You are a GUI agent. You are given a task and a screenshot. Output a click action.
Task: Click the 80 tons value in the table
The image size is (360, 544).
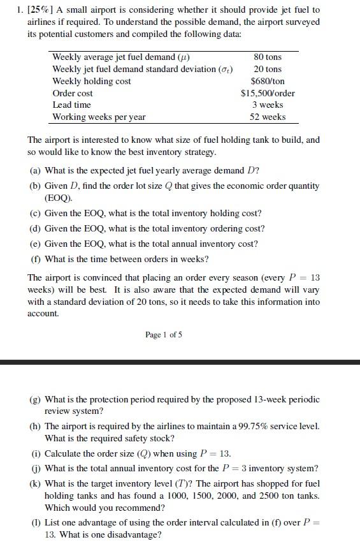[268, 57]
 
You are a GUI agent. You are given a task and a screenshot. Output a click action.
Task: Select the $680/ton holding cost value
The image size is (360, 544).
[268, 81]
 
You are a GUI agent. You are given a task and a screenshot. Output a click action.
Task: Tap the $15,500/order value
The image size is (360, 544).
[268, 93]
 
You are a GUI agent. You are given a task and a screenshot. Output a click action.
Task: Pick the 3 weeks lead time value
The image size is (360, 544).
[268, 105]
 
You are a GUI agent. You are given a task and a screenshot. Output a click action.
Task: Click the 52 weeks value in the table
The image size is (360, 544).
[268, 117]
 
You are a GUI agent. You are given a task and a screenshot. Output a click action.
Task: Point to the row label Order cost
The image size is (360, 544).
[73, 93]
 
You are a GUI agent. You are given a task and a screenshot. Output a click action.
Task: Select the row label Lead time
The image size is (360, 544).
[71, 105]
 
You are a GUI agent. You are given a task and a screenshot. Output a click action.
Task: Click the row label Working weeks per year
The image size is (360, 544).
[99, 117]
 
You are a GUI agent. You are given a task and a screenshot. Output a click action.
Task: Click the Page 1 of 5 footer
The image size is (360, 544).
[164, 335]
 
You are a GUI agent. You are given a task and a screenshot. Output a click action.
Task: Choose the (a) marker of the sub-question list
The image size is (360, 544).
[36, 170]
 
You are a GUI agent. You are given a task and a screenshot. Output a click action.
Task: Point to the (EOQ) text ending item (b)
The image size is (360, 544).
[59, 198]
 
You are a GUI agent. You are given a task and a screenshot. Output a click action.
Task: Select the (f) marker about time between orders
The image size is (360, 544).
[36, 259]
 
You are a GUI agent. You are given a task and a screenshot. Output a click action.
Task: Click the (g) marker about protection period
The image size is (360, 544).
[36, 399]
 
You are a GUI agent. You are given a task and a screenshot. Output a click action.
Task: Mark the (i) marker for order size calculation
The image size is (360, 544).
[36, 453]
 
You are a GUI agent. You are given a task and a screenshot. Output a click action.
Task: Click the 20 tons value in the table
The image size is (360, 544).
[268, 69]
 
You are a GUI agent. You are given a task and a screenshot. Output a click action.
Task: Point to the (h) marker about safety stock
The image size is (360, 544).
[36, 426]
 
